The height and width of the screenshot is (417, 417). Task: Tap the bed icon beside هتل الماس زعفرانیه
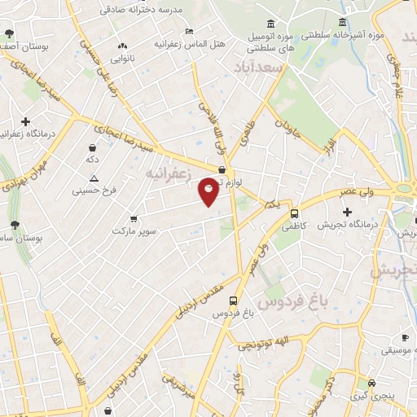click(190, 31)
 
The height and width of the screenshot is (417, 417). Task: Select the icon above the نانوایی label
click(123, 46)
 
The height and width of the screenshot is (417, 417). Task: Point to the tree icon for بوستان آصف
click(8, 34)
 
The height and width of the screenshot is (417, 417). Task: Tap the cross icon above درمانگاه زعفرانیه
click(26, 121)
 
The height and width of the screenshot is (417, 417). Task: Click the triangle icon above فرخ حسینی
click(94, 178)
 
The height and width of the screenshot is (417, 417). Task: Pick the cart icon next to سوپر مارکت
click(134, 218)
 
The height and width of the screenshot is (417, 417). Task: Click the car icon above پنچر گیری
click(372, 383)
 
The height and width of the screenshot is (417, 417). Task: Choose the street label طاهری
click(245, 134)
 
